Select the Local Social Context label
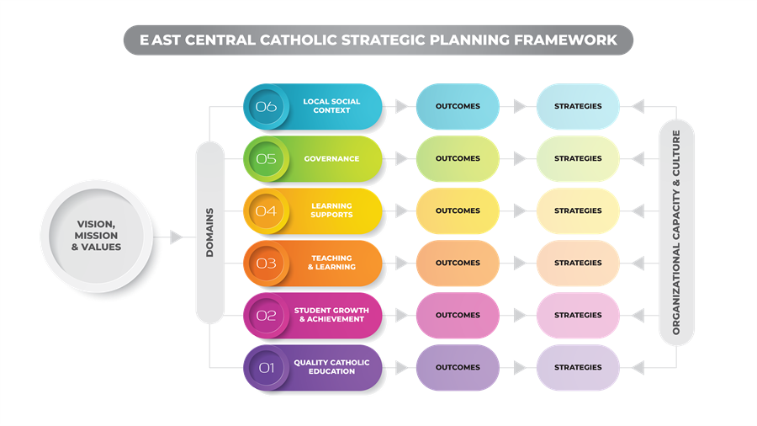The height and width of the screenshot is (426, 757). point(331,106)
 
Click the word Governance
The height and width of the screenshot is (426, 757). point(331,158)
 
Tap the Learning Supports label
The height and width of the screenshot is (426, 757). point(331,210)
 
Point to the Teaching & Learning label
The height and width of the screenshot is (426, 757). point(331,263)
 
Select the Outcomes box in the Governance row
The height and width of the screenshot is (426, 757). point(458,158)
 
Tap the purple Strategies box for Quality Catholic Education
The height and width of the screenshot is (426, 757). point(578,367)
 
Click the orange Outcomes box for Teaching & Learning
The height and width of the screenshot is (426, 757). point(458,263)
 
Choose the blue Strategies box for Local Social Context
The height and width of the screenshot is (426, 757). point(578,106)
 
